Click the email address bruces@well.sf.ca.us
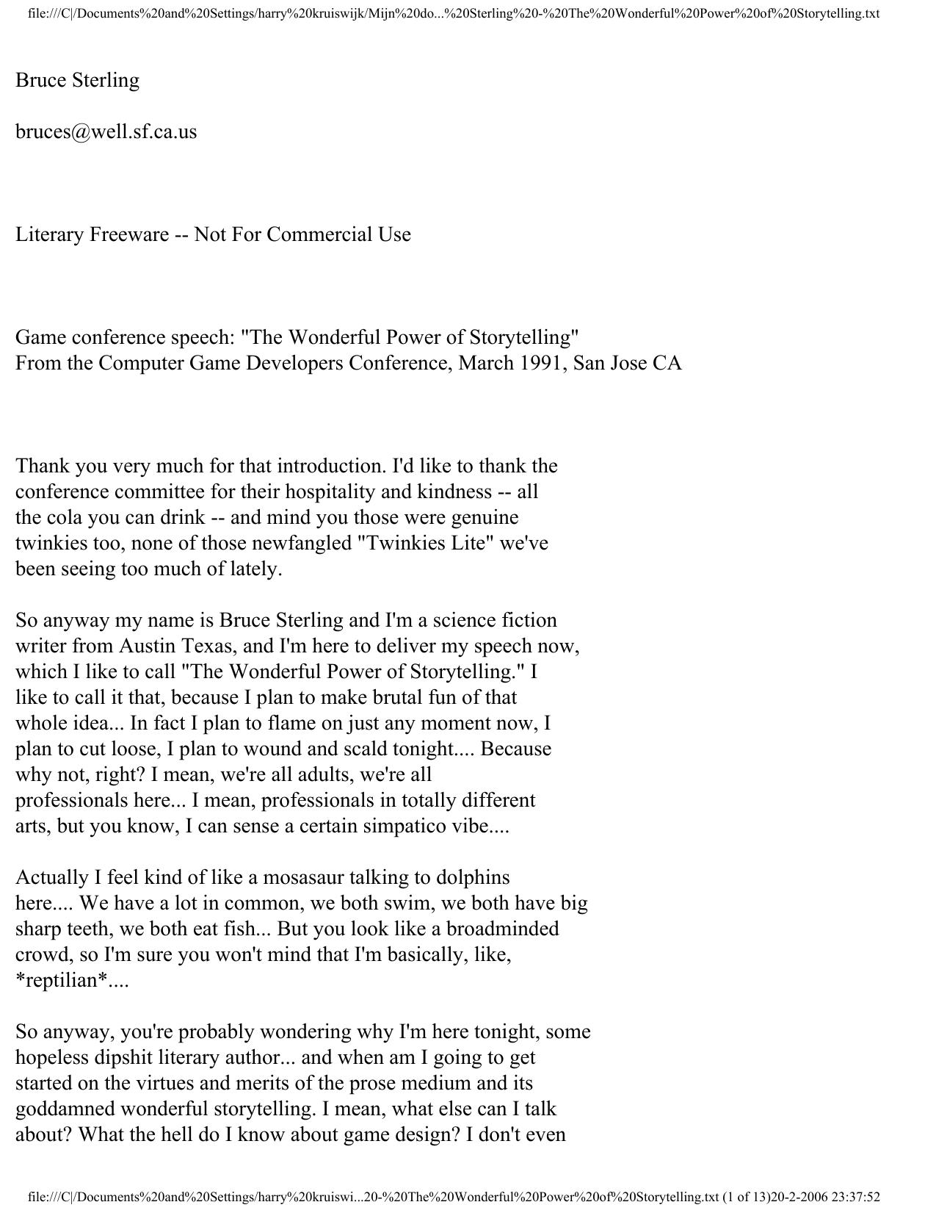point(106,132)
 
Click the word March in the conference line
point(486,363)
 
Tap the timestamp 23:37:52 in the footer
point(855,1197)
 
